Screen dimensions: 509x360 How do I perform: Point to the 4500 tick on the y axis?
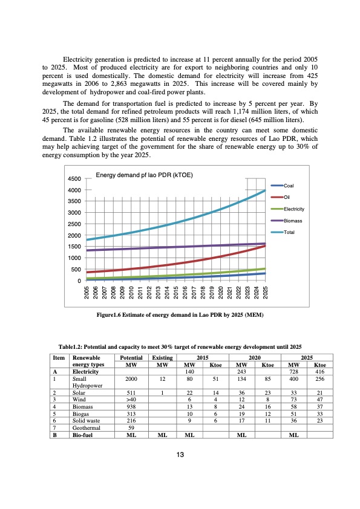74,179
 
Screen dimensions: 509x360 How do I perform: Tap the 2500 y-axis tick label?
74,224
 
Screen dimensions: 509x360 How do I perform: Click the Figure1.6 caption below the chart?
180,315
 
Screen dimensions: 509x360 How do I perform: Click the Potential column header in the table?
131,358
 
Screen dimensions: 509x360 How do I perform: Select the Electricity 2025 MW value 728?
293,371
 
